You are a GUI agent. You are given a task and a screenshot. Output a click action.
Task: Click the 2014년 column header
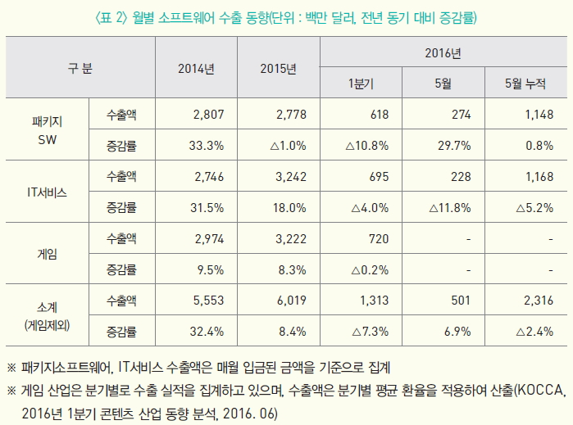tap(196, 68)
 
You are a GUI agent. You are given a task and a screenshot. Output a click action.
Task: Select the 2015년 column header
tap(278, 68)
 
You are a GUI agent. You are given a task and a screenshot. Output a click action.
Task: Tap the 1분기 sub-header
tap(361, 84)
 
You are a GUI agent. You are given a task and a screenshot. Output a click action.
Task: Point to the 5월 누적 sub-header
tap(525, 84)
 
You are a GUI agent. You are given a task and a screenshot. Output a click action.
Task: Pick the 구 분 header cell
tap(80, 68)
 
